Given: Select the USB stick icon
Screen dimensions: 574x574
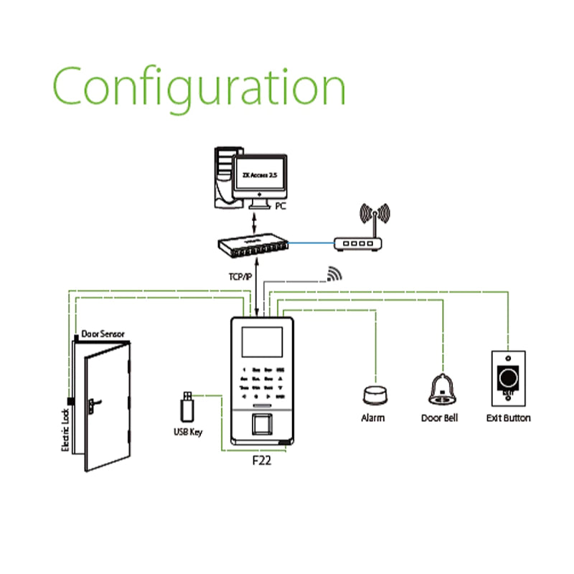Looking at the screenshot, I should (187, 407).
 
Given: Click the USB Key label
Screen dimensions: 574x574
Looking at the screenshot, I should (188, 432).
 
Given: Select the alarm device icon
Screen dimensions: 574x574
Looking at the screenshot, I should (373, 395).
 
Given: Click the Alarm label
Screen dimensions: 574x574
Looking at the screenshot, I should (373, 418).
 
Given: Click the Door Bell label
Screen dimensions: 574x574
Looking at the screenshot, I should (439, 418).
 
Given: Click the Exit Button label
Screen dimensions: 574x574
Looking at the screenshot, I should (509, 418).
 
